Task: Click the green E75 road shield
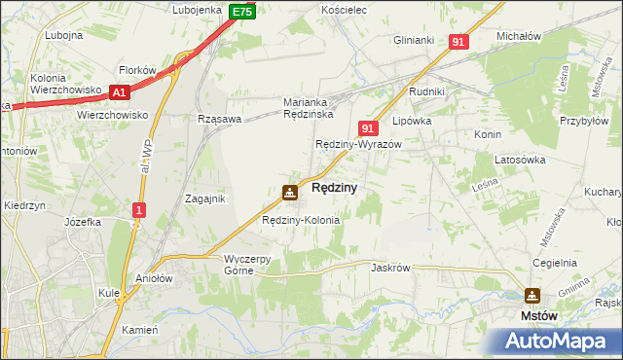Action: point(242,12)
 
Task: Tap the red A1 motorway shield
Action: point(120,92)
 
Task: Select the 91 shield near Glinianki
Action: point(459,42)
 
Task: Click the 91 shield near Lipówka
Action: point(367,127)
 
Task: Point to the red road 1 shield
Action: point(140,209)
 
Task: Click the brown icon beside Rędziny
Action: point(290,193)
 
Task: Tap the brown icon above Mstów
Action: point(532,295)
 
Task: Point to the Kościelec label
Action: point(343,10)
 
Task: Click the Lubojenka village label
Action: point(198,10)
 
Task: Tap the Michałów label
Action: point(519,35)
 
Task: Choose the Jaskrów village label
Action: point(389,267)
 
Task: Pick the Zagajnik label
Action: point(205,198)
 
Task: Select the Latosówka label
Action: point(517,159)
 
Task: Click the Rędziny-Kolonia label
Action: point(301,220)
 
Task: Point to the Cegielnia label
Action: point(555,264)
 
